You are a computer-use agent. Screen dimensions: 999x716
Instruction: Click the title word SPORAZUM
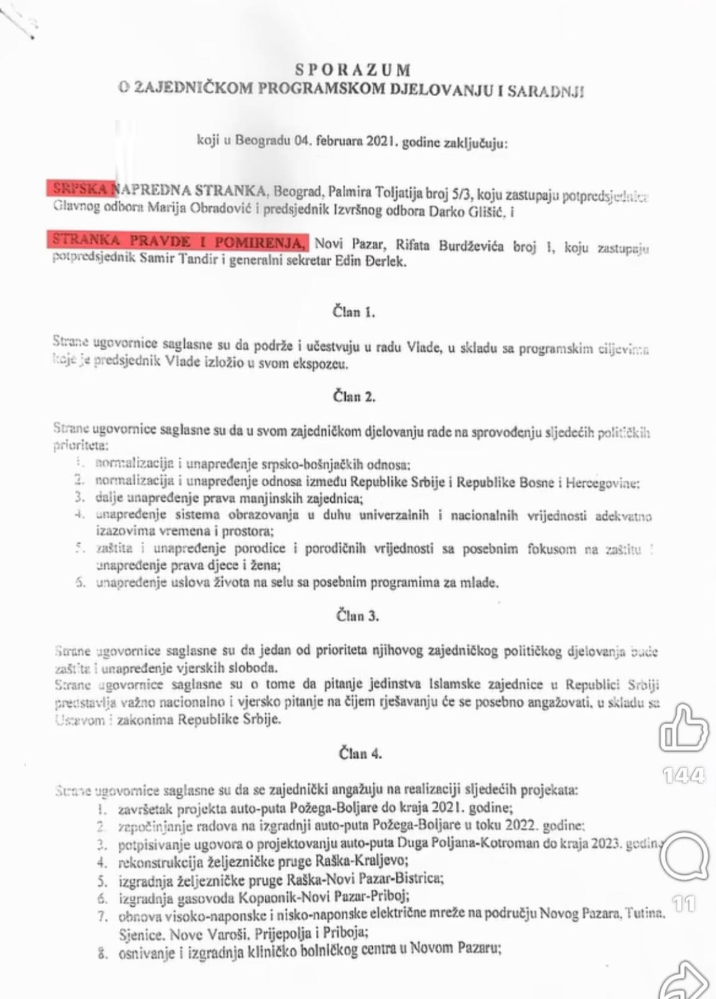[x=353, y=69]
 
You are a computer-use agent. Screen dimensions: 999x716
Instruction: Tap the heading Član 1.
[x=354, y=312]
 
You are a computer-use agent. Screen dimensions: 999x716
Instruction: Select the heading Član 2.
[x=354, y=396]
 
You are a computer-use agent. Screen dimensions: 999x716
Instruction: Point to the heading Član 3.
[x=358, y=616]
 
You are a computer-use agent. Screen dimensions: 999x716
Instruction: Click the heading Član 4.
[x=360, y=754]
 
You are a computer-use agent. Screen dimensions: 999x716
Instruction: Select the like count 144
[x=684, y=776]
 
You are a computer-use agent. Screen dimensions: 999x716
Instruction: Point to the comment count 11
[x=684, y=903]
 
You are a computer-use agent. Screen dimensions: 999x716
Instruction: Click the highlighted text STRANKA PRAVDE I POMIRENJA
[x=180, y=241]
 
